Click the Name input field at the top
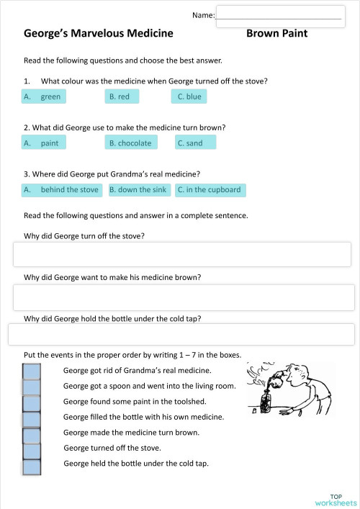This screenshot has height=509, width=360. [x=279, y=17]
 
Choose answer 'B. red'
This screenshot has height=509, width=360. [x=120, y=96]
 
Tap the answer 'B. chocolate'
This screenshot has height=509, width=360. [x=130, y=143]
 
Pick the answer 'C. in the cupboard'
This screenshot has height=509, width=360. [x=209, y=190]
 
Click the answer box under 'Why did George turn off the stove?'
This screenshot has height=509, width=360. [x=181, y=254]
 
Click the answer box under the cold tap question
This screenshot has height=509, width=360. [x=181, y=335]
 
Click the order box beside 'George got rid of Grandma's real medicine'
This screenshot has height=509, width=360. [x=32, y=371]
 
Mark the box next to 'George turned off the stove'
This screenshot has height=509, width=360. [x=32, y=451]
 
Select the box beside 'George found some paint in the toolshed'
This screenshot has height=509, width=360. [x=32, y=403]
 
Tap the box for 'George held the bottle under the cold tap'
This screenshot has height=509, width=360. [x=32, y=467]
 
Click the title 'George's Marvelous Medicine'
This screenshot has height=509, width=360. [x=98, y=33]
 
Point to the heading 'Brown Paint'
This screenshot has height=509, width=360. [x=276, y=33]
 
